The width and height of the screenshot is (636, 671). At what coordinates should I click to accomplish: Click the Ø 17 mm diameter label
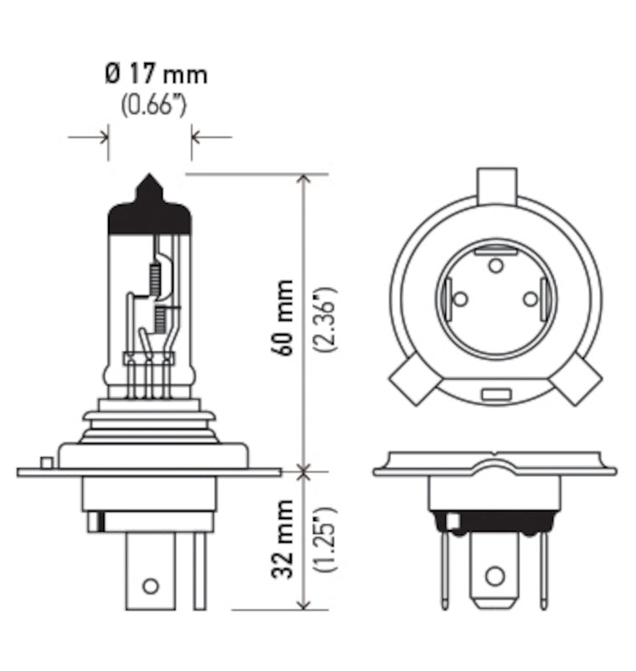tap(156, 75)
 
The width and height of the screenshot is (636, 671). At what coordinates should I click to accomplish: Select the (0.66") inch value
tap(153, 107)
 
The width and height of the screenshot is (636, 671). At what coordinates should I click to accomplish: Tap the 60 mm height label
tap(284, 318)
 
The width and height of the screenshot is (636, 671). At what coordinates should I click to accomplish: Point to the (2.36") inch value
tap(328, 319)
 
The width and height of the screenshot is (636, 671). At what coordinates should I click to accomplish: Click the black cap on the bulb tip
tap(150, 209)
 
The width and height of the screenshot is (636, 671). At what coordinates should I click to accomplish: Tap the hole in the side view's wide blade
tap(150, 585)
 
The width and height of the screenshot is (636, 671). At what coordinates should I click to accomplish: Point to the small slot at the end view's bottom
tap(494, 393)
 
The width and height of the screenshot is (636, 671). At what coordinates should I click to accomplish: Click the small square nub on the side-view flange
tap(48, 461)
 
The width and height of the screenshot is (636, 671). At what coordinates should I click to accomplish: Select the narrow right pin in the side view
tap(199, 570)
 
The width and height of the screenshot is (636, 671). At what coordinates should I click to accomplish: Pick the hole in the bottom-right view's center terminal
tap(494, 575)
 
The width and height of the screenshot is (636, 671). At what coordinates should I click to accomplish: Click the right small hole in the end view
tap(529, 298)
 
